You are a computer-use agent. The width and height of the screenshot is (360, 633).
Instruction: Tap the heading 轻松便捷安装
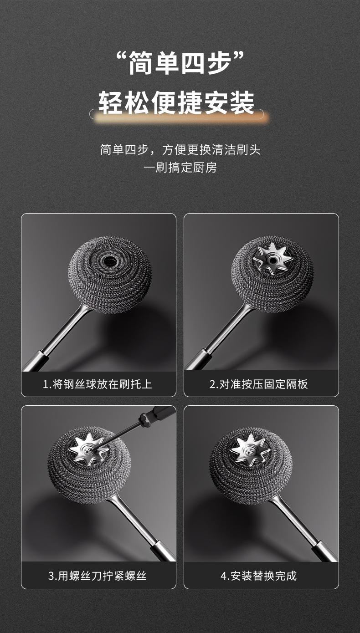176,102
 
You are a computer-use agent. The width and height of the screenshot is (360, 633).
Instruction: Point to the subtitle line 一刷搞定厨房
180,168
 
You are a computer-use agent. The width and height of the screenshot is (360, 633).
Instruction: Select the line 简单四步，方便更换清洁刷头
180,149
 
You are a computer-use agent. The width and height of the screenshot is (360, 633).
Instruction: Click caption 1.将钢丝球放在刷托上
97,384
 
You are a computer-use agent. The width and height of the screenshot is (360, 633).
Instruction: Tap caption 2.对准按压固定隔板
258,384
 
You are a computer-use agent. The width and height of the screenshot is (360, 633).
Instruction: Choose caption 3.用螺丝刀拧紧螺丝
97,576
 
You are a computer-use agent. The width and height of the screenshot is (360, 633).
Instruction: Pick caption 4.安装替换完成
258,576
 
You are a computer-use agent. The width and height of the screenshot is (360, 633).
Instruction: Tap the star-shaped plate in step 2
273,259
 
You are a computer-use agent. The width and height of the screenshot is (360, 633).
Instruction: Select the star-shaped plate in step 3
89,449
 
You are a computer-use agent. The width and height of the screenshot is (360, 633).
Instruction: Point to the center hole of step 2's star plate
273,259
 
